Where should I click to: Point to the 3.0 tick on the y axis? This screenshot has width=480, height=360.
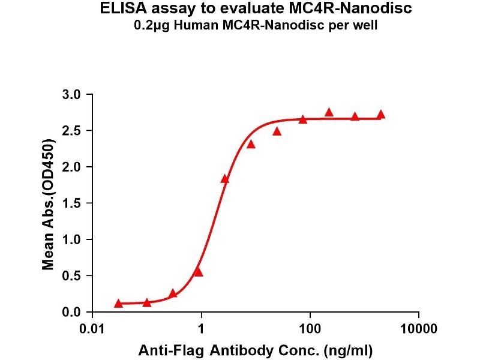pos(73,94)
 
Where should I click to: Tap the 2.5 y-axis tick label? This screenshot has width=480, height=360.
pos(73,130)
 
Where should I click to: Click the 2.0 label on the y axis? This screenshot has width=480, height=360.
pos(73,167)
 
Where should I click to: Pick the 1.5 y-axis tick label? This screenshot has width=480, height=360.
pos(73,203)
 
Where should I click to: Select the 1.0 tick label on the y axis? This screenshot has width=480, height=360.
pos(73,239)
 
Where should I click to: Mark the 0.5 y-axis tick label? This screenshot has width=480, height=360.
pos(73,276)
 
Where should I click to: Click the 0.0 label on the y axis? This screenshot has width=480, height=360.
pos(73,313)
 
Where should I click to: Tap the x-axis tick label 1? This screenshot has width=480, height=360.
pos(202,329)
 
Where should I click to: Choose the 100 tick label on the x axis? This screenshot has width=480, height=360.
pos(310,329)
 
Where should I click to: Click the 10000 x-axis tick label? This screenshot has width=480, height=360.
pos(418,329)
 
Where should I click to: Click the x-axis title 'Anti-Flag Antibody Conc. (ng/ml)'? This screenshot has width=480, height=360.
pos(256,349)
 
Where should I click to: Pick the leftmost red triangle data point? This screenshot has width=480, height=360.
pos(118,304)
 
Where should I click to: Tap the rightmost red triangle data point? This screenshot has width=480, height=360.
pos(381,115)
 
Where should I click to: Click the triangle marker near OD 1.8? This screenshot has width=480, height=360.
pos(225,179)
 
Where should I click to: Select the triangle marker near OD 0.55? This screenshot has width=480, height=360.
pos(199,272)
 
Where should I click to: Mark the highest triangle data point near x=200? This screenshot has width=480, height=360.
pos(329,112)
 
